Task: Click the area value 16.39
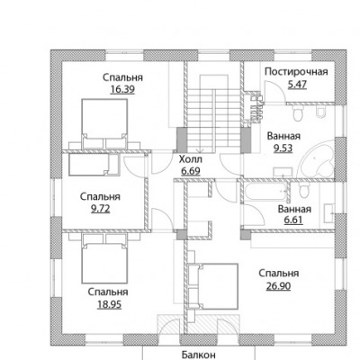[122, 89]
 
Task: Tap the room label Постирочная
[296, 72]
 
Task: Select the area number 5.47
[297, 85]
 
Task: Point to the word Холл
[191, 159]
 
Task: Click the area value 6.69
[191, 171]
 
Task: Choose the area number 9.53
[283, 148]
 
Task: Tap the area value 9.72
[101, 209]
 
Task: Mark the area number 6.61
[293, 220]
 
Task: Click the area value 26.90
[278, 286]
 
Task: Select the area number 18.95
[109, 304]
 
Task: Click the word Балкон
[199, 355]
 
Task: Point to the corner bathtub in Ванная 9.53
[318, 160]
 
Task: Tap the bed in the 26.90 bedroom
[214, 286]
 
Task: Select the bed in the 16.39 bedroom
[104, 123]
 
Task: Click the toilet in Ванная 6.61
[304, 190]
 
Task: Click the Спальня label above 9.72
[100, 196]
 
